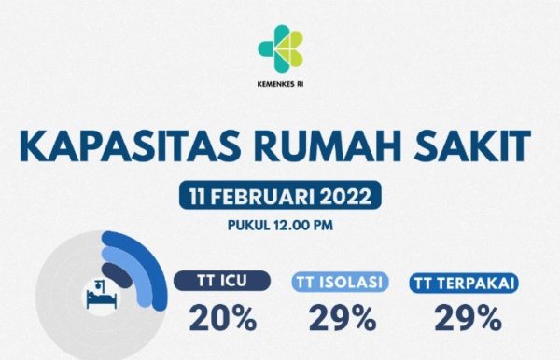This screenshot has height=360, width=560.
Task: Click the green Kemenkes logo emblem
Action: pyautogui.click(x=281, y=48)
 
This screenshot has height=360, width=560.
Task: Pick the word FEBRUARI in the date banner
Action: pyautogui.click(x=264, y=198)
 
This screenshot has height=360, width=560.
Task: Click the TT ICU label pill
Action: pyautogui.click(x=223, y=281)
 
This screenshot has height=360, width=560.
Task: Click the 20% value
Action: pyautogui.click(x=223, y=319)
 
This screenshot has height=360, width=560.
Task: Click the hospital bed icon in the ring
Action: pyautogui.click(x=96, y=295)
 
